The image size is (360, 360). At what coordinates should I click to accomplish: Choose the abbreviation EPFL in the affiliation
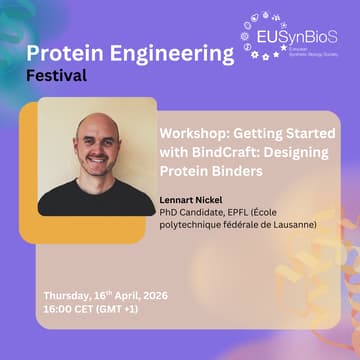point(245,212)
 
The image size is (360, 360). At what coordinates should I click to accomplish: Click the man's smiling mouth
point(97,161)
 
